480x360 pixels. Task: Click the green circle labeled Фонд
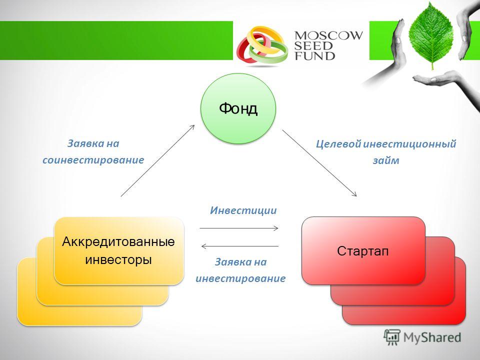pos(238,108)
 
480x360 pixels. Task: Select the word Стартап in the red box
pos(363,251)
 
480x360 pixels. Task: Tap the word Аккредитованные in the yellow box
pos(118,242)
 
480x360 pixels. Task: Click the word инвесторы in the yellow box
pos(118,260)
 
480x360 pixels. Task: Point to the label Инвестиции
pos(243,210)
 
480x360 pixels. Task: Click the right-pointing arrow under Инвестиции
pos(239,228)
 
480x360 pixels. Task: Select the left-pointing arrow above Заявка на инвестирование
pos(239,246)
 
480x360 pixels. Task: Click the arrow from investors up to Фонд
pos(157,160)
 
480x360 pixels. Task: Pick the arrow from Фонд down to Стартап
pos(319,163)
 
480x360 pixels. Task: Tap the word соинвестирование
pos(93,160)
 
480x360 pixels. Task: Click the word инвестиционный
pos(409,143)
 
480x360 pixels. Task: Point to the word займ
pos(385,160)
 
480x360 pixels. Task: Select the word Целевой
pos(338,143)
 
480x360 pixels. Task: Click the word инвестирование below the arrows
pos(240,278)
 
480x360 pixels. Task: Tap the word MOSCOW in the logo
pos(328,35)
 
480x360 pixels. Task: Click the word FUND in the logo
pos(314,55)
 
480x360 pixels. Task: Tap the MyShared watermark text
pos(432,337)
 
